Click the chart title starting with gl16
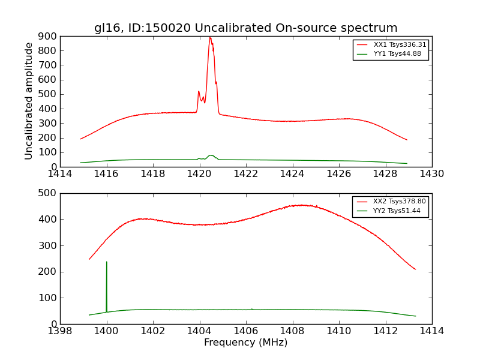click(245, 28)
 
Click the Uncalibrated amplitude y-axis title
click(29, 101)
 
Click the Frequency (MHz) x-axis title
click(245, 343)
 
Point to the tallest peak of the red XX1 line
click(210, 38)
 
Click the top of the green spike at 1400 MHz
click(107, 262)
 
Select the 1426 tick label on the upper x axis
click(338, 174)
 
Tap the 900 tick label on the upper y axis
click(48, 36)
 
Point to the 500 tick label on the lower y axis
click(48, 193)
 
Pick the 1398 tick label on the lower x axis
click(60, 331)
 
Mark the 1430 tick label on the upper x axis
click(431, 174)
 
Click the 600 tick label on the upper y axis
click(48, 80)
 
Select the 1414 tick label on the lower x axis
click(431, 331)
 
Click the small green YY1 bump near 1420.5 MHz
click(211, 155)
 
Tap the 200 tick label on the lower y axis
click(48, 272)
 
